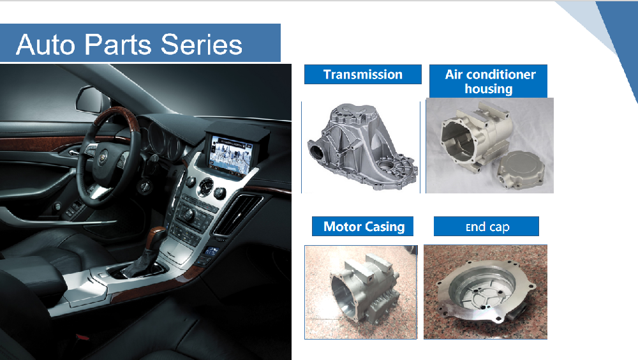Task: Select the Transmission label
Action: pos(362,75)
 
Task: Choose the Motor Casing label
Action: pos(364,227)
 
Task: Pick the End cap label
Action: pos(487,227)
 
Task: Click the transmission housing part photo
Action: pos(362,147)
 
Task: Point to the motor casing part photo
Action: pos(362,293)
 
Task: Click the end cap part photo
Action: pos(485,294)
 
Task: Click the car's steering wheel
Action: pos(102,153)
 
